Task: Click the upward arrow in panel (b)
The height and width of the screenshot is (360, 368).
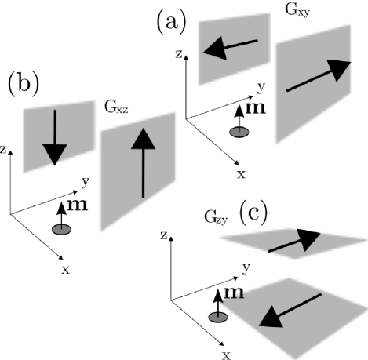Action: pyautogui.click(x=142, y=165)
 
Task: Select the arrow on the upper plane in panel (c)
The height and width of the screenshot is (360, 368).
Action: pyautogui.click(x=294, y=242)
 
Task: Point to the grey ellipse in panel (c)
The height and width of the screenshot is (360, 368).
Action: pyautogui.click(x=217, y=316)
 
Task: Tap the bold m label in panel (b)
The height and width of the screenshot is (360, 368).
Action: pyautogui.click(x=78, y=205)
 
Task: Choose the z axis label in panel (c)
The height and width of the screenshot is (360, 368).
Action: pyautogui.click(x=161, y=235)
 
